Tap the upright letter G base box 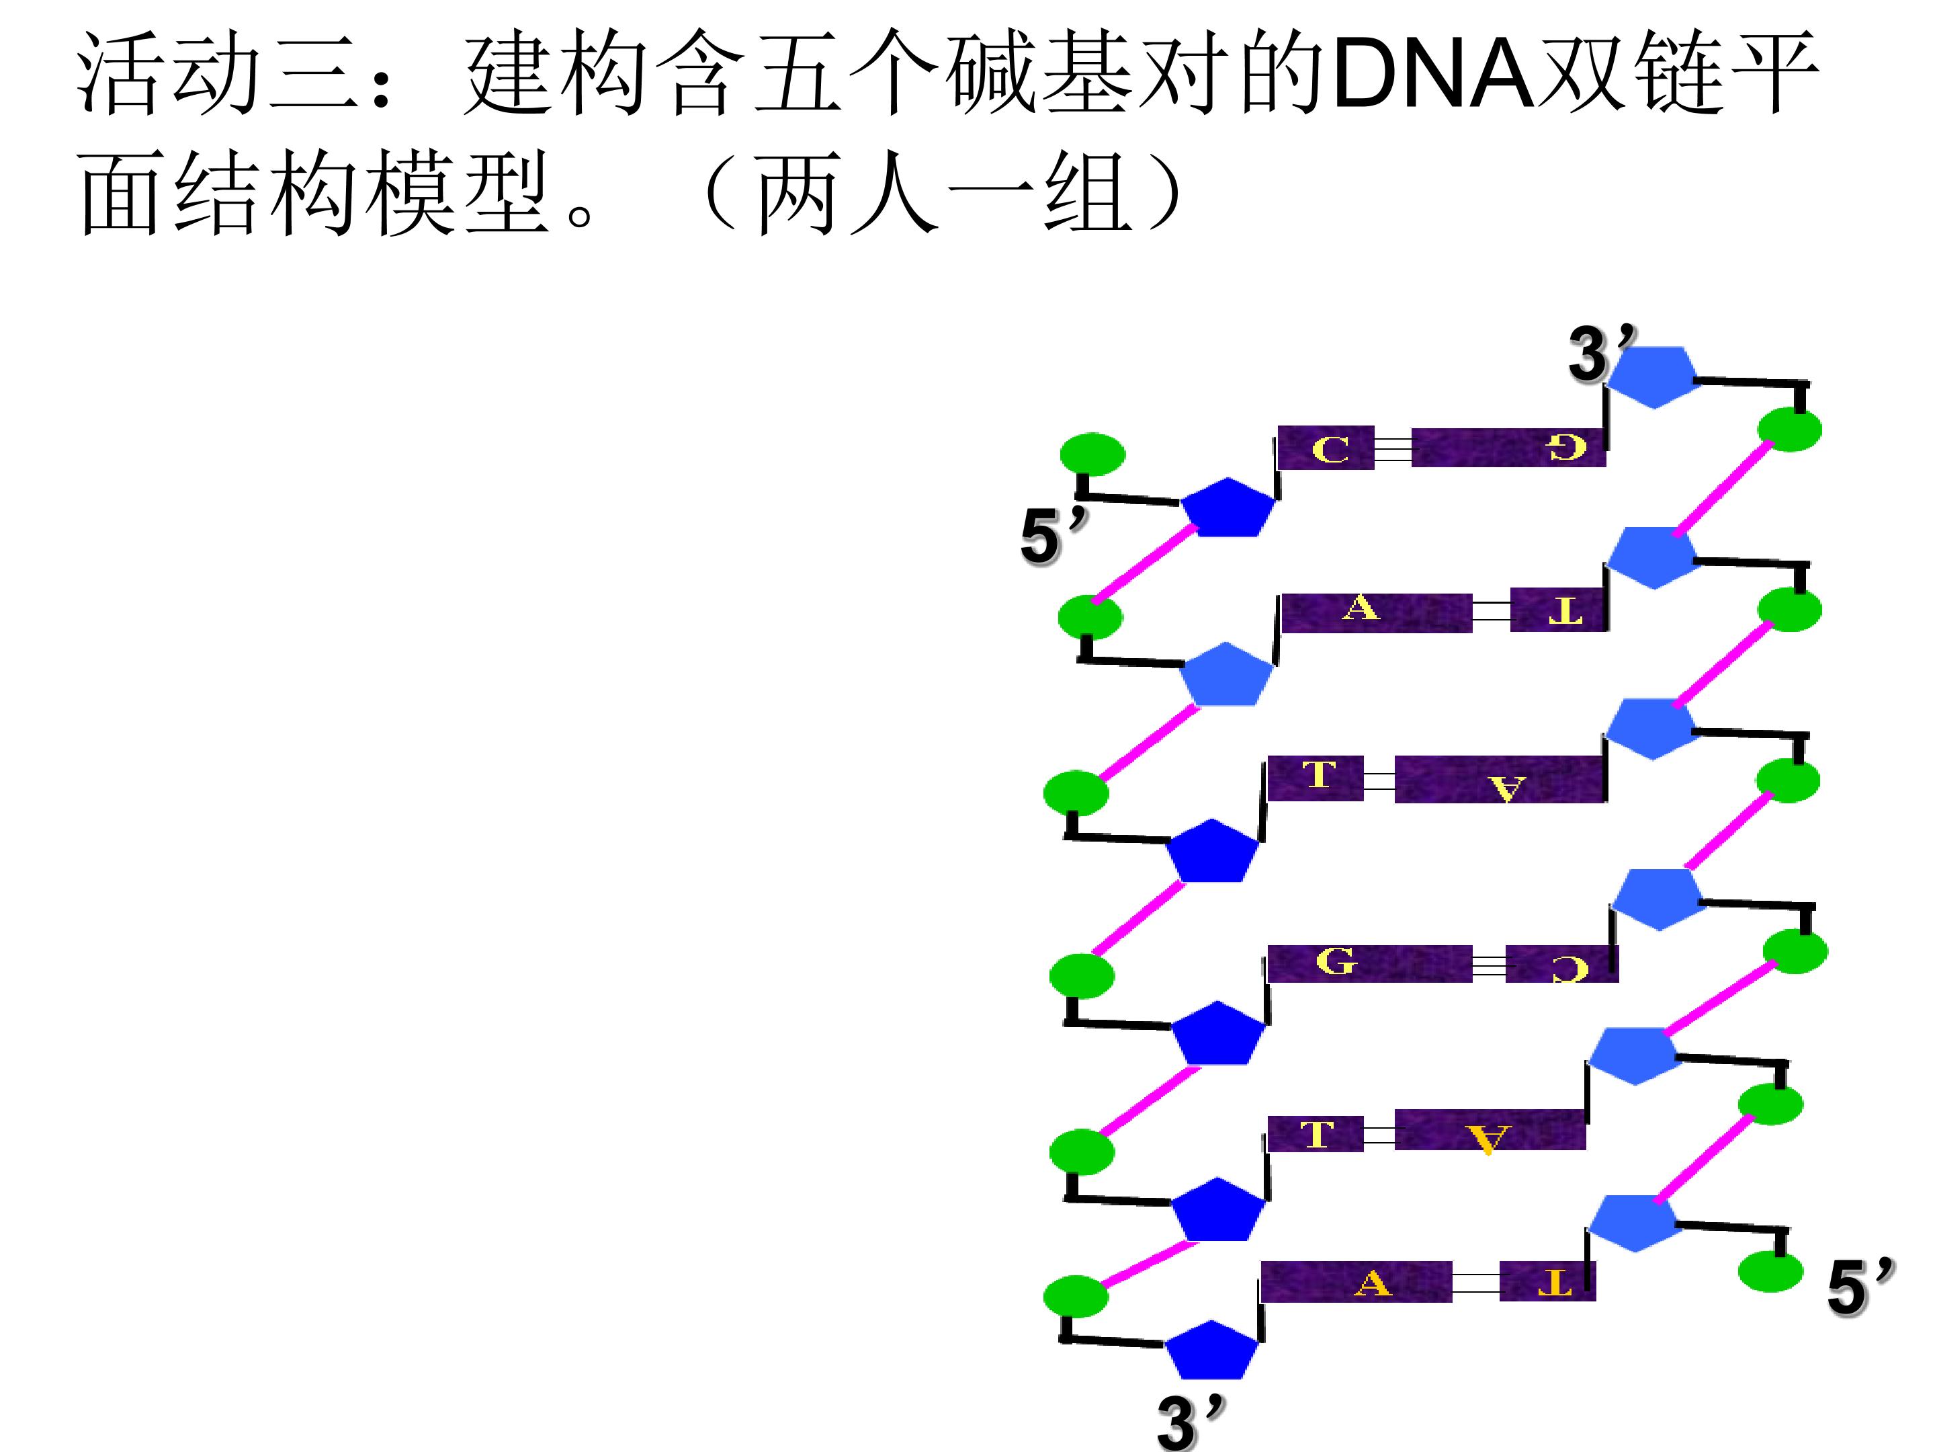1369,963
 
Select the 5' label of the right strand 1860,1286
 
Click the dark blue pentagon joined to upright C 1228,508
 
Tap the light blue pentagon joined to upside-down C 1657,899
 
